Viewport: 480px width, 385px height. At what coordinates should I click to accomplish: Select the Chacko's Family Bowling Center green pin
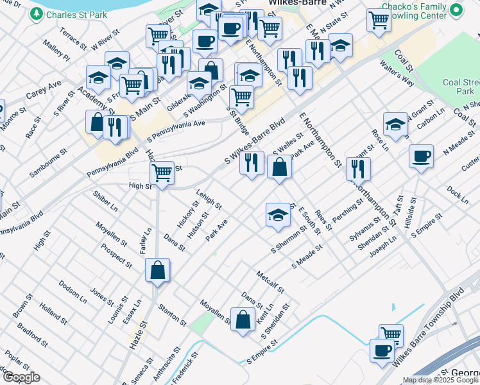coord(456,10)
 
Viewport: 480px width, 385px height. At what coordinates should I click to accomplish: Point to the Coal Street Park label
coord(461,87)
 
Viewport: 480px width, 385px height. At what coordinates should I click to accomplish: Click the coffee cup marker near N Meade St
coord(421,157)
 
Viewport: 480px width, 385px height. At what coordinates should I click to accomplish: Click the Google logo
coord(21,377)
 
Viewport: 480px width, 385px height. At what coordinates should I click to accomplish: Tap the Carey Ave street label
coord(44,89)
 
